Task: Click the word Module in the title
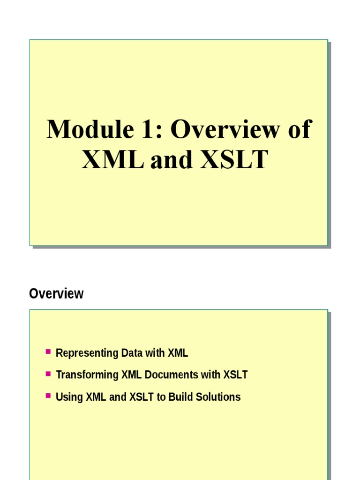pos(90,129)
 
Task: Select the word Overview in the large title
pos(225,129)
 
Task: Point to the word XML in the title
pos(112,159)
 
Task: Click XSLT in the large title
pos(234,159)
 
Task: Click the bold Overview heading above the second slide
pos(56,293)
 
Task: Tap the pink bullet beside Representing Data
pos(48,352)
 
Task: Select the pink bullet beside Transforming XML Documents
pos(48,374)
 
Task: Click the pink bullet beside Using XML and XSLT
pos(48,396)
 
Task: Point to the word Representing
pos(87,353)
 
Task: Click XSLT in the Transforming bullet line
pos(235,375)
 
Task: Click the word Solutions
pos(218,397)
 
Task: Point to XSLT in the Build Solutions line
pos(142,397)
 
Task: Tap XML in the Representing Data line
pos(178,352)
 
